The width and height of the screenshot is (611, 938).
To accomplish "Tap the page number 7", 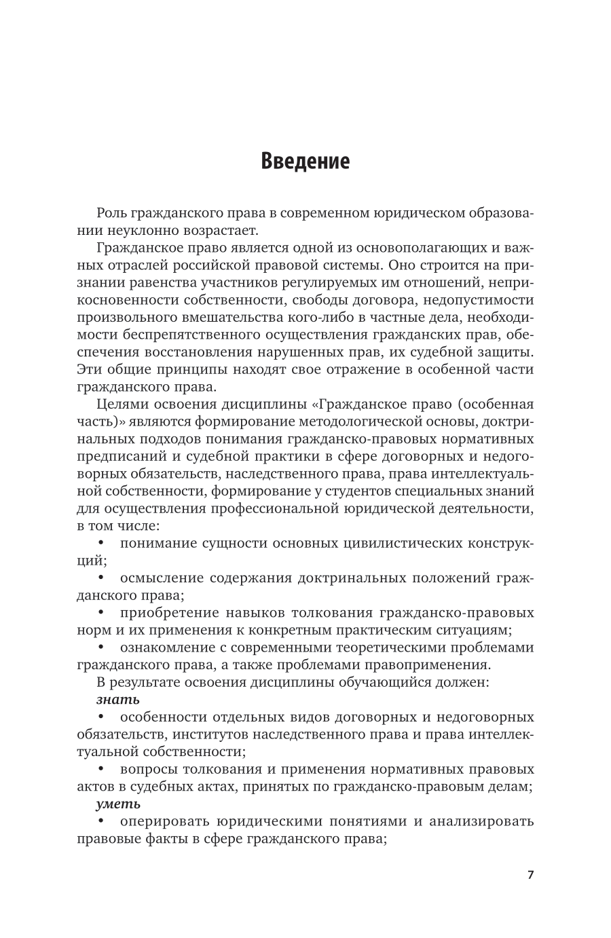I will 530,874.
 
